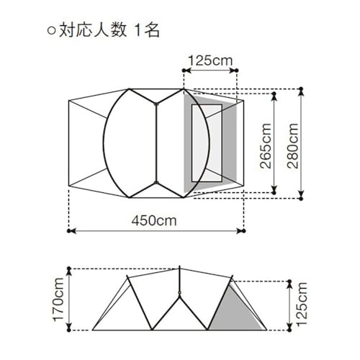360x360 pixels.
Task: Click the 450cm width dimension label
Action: (154, 220)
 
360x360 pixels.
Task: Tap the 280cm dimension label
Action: (293, 145)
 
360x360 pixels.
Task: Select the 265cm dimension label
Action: (266, 145)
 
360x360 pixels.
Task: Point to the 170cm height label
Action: (58, 300)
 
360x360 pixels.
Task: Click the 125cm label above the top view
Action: (210, 60)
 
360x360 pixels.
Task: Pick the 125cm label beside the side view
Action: (302, 304)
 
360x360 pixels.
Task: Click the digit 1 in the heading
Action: (138, 30)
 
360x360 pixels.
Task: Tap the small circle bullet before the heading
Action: (51, 31)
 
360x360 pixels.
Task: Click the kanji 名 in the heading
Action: (152, 30)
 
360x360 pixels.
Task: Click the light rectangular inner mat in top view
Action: (207, 143)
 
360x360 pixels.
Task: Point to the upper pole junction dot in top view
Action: (156, 104)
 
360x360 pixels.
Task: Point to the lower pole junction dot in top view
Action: (156, 183)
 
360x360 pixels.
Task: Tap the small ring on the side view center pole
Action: (179, 293)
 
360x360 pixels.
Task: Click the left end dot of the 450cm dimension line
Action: (69, 231)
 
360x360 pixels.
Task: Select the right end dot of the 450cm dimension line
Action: (244, 231)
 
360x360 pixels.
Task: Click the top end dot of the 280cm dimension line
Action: (302, 89)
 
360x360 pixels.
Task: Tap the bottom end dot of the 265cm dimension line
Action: (274, 192)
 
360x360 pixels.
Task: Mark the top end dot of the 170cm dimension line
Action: (69, 269)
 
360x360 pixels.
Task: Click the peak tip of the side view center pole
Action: (179, 266)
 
